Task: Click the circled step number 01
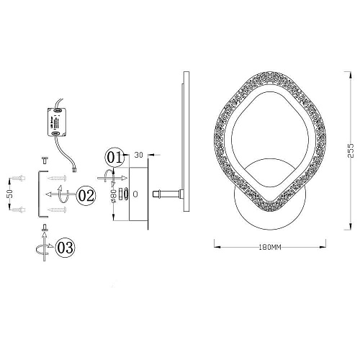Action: (x=114, y=158)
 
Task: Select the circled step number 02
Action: (x=86, y=195)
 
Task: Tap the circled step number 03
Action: (x=65, y=248)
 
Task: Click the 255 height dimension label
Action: (x=351, y=150)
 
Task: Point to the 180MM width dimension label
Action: (x=270, y=247)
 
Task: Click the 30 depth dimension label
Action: (x=138, y=155)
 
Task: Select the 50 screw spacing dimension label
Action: (x=9, y=194)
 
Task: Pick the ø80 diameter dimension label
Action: (x=114, y=197)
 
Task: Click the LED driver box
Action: (x=57, y=122)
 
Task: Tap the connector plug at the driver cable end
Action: (x=74, y=170)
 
